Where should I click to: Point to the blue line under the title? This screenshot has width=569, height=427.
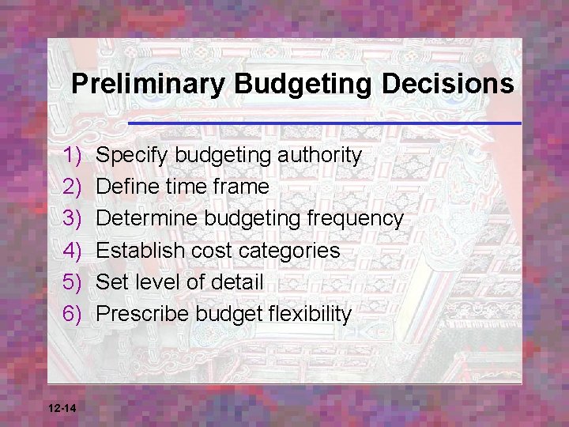click(324, 123)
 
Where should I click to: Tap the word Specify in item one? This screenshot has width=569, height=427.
click(133, 156)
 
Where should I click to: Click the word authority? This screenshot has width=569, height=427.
click(319, 155)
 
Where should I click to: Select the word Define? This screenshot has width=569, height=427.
click(128, 187)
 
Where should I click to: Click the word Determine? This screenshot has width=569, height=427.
click(145, 218)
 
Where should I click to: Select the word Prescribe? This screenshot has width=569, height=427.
click(142, 314)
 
